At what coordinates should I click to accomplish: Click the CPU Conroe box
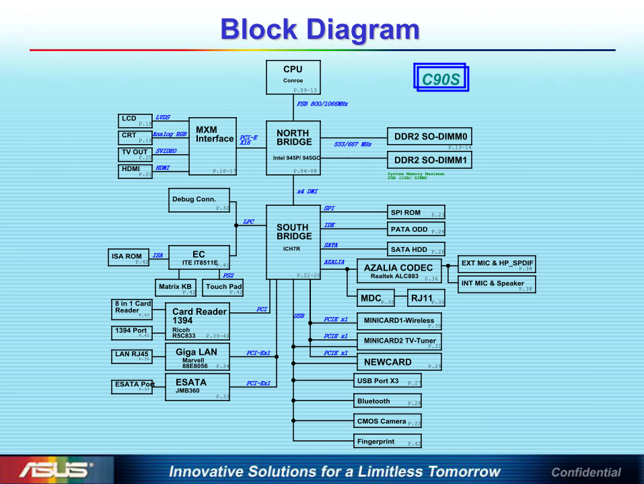(x=293, y=77)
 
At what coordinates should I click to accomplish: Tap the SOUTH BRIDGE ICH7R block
(x=293, y=242)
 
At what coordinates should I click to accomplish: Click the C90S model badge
(x=441, y=79)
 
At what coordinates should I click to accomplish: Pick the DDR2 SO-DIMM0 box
(x=430, y=136)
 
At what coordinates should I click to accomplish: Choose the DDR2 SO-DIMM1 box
(x=430, y=160)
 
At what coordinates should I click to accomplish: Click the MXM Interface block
(x=213, y=146)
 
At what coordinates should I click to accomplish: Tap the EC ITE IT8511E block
(x=199, y=258)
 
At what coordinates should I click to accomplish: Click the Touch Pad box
(x=224, y=288)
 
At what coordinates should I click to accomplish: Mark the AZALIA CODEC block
(x=399, y=271)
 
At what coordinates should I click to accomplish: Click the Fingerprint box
(x=388, y=442)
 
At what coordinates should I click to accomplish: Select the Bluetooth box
(x=388, y=401)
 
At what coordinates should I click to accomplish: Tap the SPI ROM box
(x=416, y=213)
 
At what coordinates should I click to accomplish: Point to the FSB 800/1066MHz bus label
(x=322, y=104)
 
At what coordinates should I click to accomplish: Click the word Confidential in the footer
(x=585, y=472)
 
